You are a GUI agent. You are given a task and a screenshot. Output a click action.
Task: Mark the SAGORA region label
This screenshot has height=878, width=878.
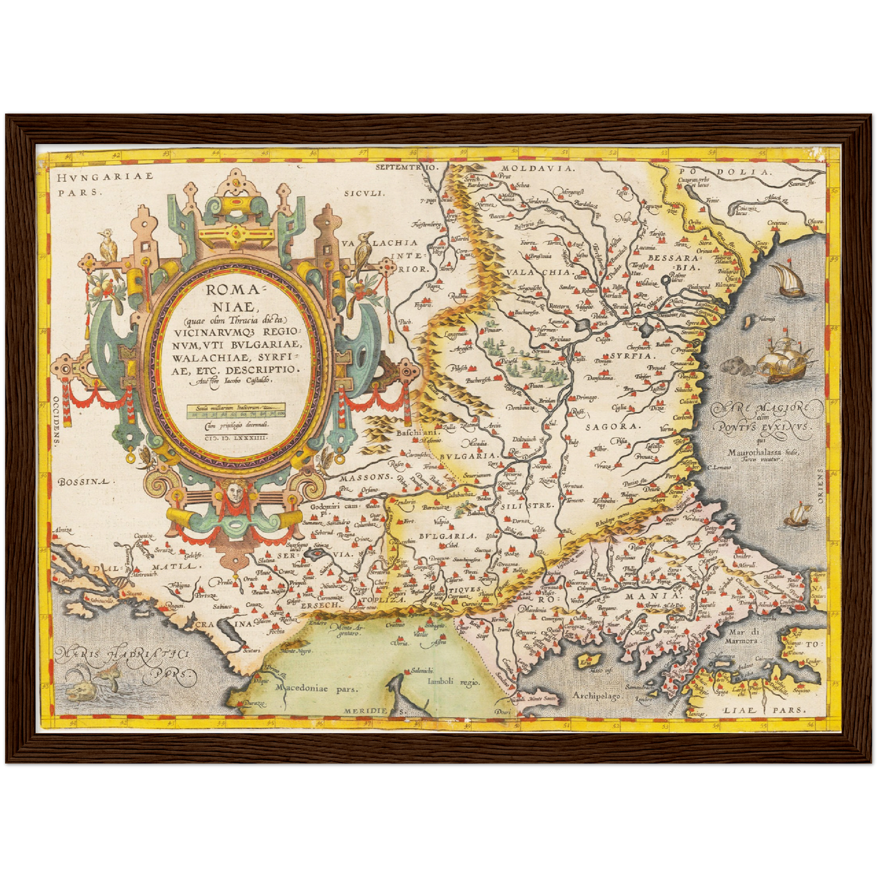[612, 427]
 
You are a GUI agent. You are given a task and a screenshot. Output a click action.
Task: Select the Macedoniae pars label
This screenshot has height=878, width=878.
[316, 688]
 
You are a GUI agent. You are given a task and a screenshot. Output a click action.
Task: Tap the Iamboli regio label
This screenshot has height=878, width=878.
[453, 682]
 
